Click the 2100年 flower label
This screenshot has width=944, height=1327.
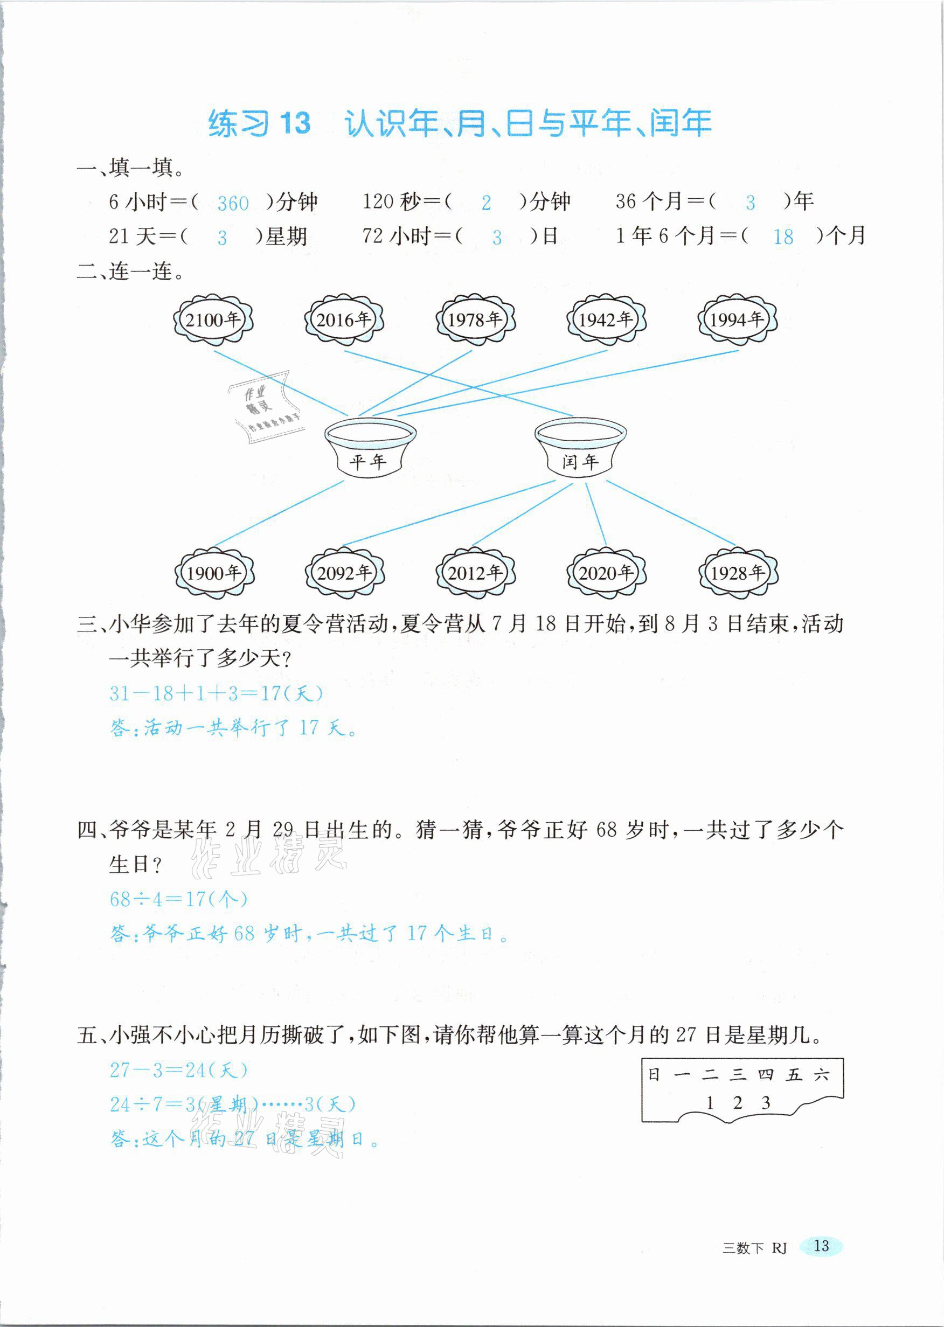click(213, 319)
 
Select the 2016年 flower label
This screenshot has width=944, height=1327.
click(344, 319)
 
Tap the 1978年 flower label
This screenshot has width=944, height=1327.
click(475, 319)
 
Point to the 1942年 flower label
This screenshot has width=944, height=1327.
click(606, 319)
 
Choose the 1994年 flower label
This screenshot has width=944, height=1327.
click(737, 319)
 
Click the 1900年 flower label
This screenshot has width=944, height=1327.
click(214, 574)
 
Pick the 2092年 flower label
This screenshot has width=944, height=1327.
click(345, 574)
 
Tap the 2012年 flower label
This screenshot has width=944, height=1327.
click(475, 574)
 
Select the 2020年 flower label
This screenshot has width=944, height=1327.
click(606, 574)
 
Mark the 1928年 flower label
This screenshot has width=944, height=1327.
click(738, 574)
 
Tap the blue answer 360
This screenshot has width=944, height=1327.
click(233, 203)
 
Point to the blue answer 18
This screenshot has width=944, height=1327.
click(783, 237)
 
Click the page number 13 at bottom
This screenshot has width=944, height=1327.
click(821, 1246)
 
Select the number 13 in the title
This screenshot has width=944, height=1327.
click(295, 124)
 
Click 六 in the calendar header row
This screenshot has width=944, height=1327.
click(821, 1075)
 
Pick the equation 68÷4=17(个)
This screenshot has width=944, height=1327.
click(178, 899)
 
